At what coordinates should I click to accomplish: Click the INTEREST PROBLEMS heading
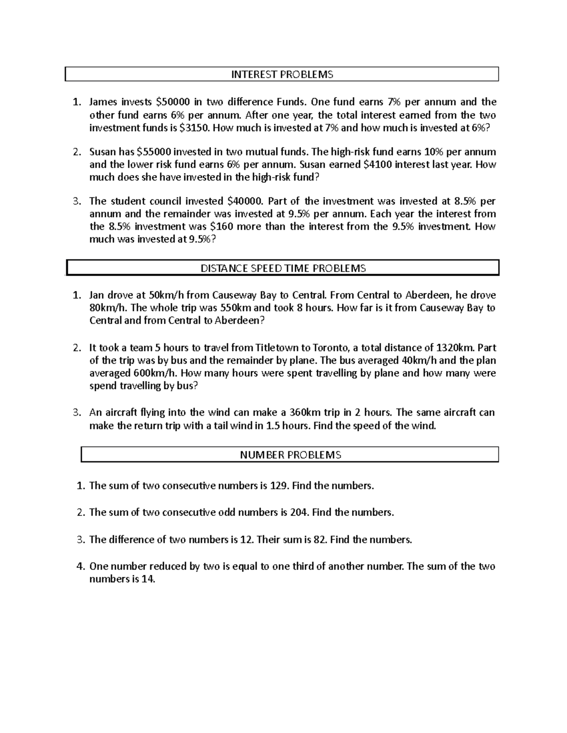click(282, 75)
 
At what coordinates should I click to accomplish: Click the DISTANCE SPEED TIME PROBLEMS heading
click(283, 269)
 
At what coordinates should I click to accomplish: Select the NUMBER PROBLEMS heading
click(290, 455)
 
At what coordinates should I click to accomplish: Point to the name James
click(103, 102)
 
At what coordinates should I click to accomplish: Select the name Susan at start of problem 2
click(102, 152)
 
